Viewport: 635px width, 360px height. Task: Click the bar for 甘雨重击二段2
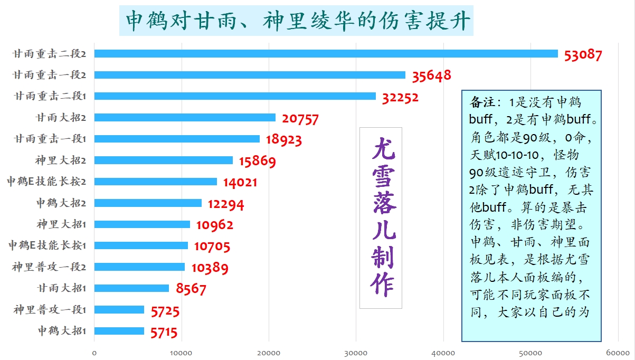(326, 53)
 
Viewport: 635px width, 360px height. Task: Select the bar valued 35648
(250, 75)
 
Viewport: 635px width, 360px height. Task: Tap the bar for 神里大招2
(164, 160)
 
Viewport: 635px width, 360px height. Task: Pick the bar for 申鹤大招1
(119, 331)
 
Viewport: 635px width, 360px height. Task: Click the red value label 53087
(583, 55)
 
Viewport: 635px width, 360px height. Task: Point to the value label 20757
(300, 119)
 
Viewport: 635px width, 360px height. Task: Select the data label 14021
(240, 183)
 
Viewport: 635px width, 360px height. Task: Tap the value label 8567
(191, 289)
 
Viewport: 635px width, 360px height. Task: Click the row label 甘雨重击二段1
(50, 96)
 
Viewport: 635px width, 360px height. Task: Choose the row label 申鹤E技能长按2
(46, 182)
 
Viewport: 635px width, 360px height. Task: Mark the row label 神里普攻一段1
(50, 310)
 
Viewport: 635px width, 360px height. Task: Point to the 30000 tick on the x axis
(356, 352)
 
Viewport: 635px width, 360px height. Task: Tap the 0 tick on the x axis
(94, 352)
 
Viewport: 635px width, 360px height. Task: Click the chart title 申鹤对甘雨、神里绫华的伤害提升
(296, 21)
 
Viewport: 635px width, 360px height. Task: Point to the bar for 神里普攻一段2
(140, 267)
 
